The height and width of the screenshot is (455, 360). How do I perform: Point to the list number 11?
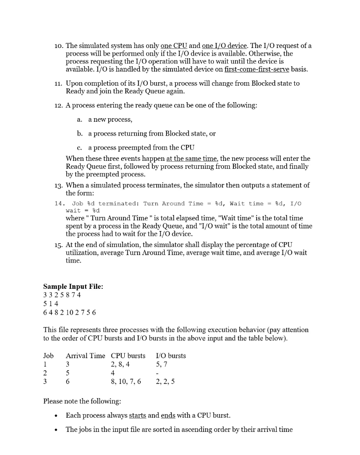point(58,84)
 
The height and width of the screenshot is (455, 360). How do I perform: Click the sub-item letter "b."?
point(80,133)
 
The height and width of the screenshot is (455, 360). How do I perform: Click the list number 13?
point(58,185)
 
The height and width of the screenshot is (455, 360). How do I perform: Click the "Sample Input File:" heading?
point(73,287)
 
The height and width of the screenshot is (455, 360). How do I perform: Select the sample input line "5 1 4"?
point(51,303)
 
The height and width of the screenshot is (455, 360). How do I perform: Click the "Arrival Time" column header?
point(85,356)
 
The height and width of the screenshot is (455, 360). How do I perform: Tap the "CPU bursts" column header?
point(128,356)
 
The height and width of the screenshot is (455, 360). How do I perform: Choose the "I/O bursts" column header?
point(171,356)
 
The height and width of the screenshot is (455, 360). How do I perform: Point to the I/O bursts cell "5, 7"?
point(162,364)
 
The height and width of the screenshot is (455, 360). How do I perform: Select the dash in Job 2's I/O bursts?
point(158,373)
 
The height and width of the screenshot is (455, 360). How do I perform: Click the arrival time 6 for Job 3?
point(68,381)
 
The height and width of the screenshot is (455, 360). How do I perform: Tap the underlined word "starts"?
point(137,415)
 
